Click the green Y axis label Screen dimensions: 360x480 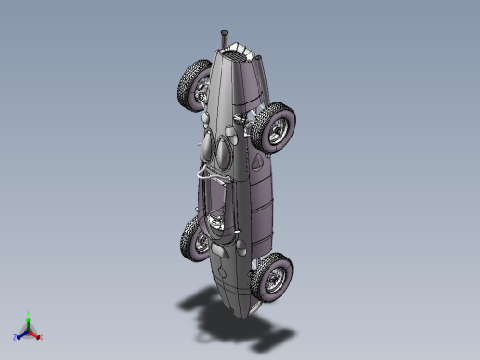click(x=29, y=313)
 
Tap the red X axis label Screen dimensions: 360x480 click(x=42, y=337)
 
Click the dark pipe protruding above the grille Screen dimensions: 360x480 click(x=222, y=40)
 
